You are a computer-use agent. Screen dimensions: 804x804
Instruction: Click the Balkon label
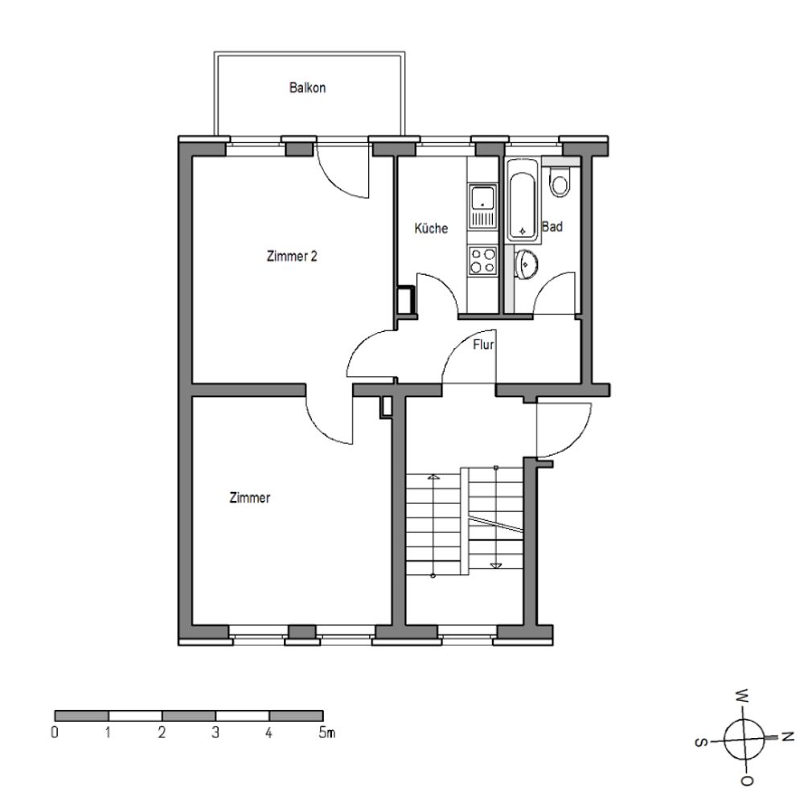coord(307,88)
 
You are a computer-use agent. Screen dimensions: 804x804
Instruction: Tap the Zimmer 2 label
coord(292,256)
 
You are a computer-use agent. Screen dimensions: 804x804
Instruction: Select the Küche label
coord(431,228)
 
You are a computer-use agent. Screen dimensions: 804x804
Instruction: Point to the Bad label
coord(552,226)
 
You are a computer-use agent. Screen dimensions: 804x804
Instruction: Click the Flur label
coord(483,345)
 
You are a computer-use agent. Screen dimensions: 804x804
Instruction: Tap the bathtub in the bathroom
coord(523,200)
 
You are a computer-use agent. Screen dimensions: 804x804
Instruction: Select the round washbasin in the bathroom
coord(526,265)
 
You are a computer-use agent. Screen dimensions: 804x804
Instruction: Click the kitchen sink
coord(482,206)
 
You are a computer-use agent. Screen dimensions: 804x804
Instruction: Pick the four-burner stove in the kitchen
coord(482,260)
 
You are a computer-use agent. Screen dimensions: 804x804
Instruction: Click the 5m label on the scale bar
coord(326,732)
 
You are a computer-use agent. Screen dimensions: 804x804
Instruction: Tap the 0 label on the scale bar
coord(55,732)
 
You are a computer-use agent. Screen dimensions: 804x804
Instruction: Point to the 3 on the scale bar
coord(215,732)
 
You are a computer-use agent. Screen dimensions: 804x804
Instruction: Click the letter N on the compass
coord(787,737)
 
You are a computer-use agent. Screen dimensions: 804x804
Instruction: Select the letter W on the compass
coord(743,696)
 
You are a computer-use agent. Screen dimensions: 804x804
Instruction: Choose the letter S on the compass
coord(700,742)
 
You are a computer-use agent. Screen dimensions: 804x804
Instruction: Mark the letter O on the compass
coord(747,781)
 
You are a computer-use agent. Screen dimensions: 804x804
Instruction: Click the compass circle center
coord(744,739)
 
